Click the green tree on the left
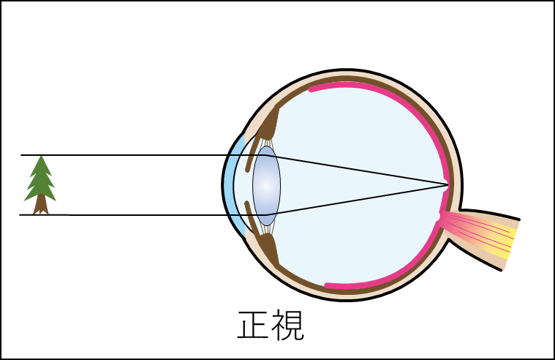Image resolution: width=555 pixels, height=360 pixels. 40,181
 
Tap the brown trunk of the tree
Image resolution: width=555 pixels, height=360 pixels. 41,208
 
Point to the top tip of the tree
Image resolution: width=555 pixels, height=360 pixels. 41,157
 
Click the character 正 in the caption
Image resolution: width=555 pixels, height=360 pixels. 253,326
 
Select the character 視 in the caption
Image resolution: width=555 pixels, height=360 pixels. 288,326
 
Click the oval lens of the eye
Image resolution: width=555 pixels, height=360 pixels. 266,186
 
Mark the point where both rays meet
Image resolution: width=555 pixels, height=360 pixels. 447,184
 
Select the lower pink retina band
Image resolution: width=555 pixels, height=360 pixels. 380,281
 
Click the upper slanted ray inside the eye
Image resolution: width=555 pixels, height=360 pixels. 351,170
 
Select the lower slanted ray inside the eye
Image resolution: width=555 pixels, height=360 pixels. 351,199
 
